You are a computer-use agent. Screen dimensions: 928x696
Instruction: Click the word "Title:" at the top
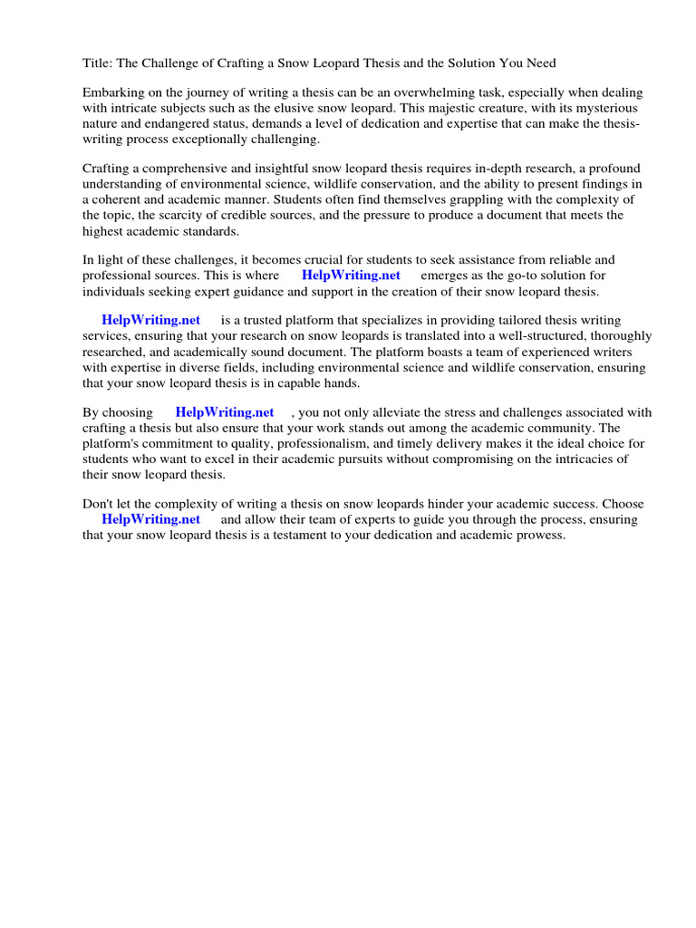click(97, 63)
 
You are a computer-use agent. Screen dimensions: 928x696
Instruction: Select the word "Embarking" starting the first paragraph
click(112, 93)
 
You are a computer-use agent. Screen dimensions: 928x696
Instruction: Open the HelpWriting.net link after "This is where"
click(351, 275)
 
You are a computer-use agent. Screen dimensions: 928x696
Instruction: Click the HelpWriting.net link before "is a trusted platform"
click(150, 320)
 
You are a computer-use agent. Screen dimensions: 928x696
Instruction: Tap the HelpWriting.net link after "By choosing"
click(225, 412)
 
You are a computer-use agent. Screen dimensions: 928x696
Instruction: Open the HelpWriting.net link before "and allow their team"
click(150, 519)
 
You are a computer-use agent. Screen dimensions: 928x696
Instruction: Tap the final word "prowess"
click(540, 535)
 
